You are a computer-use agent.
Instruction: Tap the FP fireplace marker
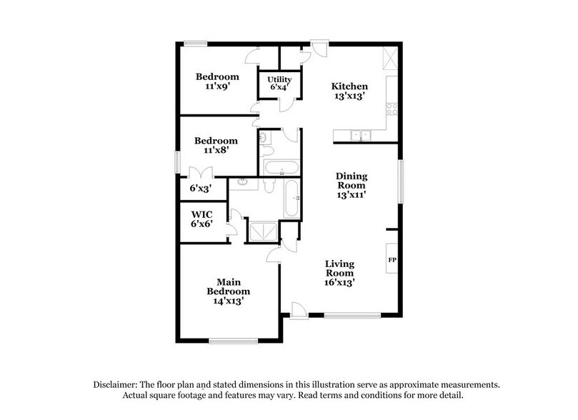point(392,260)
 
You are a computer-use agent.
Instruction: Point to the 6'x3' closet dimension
point(199,189)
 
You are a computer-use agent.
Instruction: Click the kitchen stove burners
point(392,109)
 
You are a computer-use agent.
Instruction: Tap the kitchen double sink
point(361,133)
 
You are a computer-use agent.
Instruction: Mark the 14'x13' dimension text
point(228,301)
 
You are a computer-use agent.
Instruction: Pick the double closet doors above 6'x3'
point(199,172)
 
